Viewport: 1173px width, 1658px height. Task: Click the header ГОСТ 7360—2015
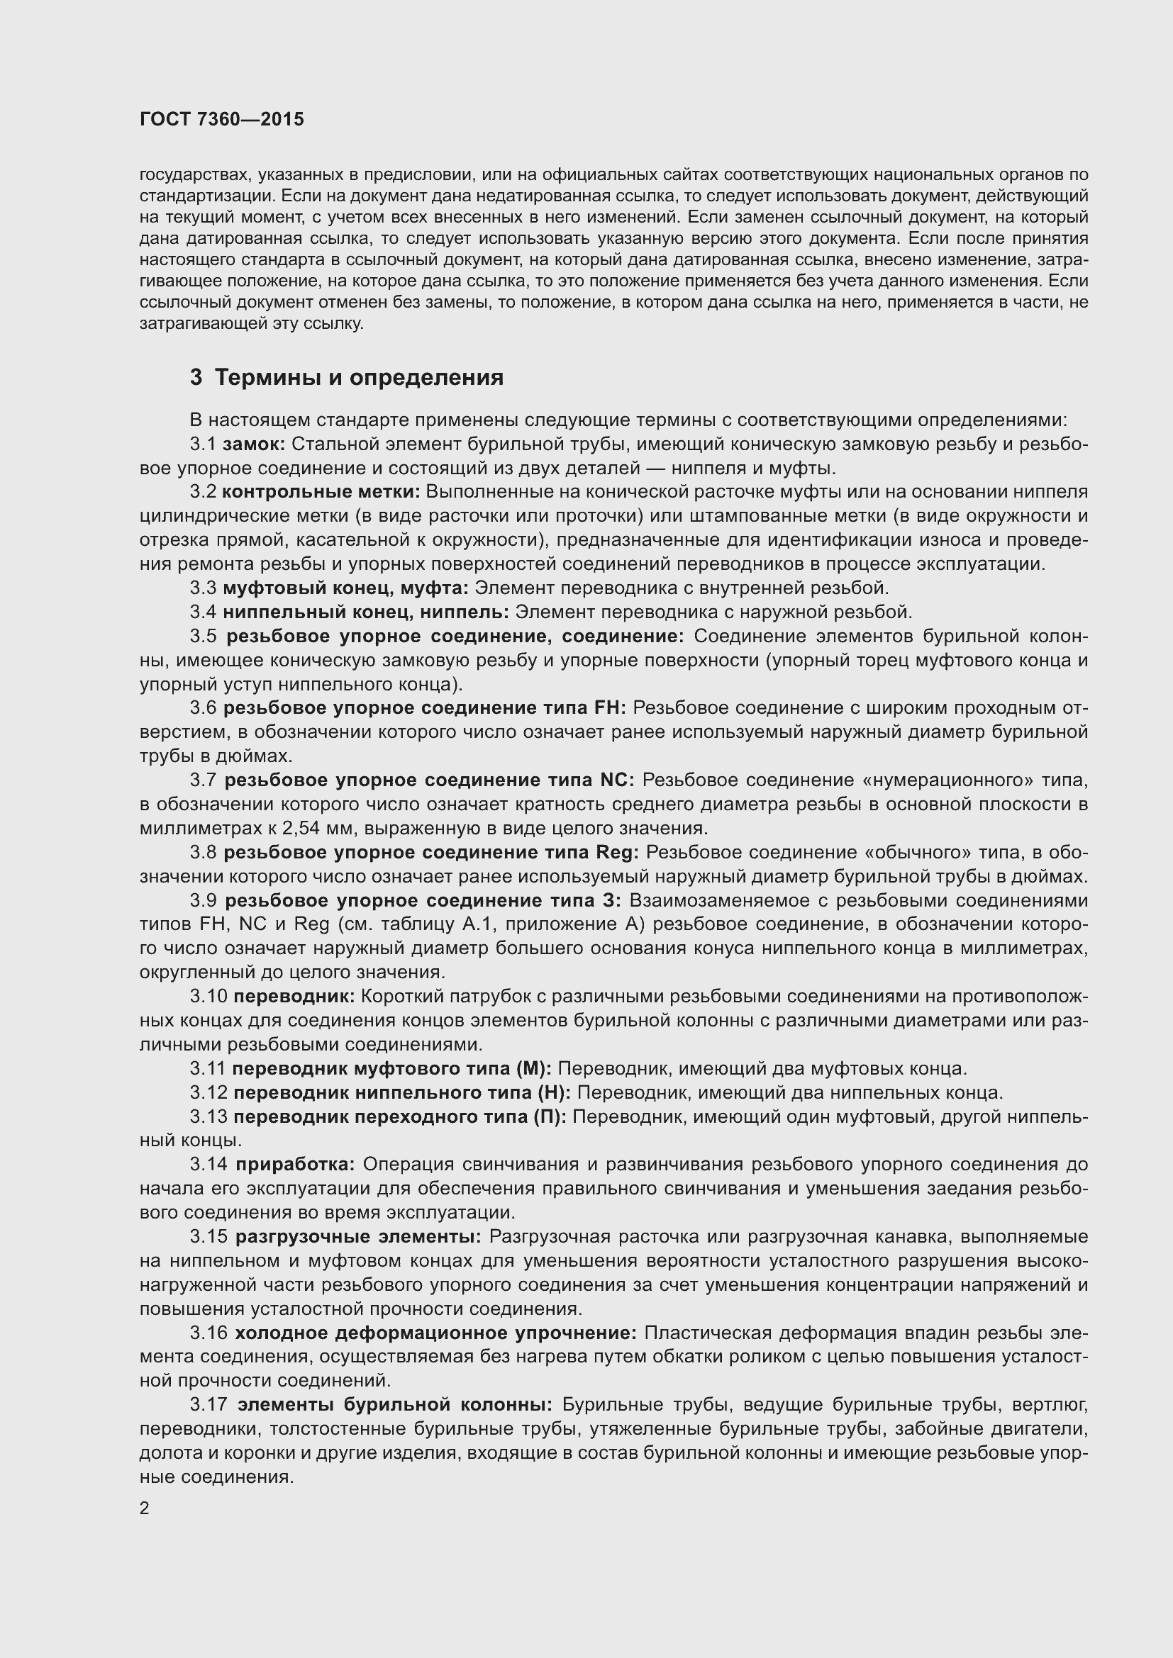(222, 119)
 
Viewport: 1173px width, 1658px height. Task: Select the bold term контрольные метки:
(321, 492)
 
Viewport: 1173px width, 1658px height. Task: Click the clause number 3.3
(203, 588)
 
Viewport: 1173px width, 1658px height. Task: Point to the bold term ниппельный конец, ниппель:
(365, 612)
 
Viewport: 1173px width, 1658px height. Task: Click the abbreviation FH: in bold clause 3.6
(610, 707)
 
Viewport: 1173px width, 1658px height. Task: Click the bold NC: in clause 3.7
(616, 780)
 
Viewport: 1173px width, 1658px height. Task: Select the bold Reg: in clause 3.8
(617, 852)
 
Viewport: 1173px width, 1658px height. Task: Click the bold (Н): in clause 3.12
(552, 1092)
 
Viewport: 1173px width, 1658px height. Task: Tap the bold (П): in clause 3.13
(550, 1116)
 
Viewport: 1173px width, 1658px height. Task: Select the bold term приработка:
(295, 1164)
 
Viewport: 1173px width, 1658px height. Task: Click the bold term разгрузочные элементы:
(358, 1236)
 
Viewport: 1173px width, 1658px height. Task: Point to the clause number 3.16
(208, 1333)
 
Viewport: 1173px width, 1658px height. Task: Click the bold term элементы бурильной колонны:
(394, 1404)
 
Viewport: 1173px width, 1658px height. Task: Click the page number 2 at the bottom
(145, 1508)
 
